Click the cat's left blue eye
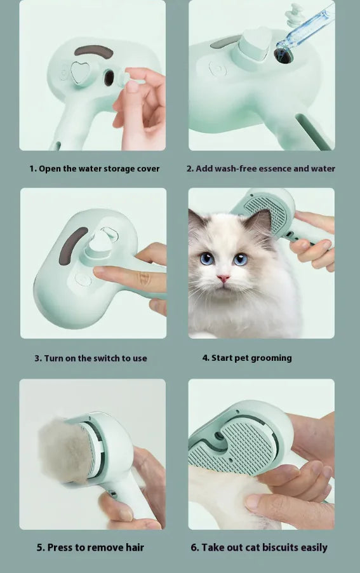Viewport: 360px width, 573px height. click(207, 258)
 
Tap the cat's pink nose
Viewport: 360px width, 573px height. click(223, 278)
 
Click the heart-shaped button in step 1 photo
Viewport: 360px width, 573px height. click(80, 73)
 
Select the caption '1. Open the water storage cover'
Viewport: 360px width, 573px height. click(95, 168)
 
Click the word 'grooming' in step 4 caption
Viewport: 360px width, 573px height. click(271, 358)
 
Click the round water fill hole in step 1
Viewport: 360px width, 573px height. click(109, 79)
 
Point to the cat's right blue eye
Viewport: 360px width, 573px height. click(240, 259)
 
